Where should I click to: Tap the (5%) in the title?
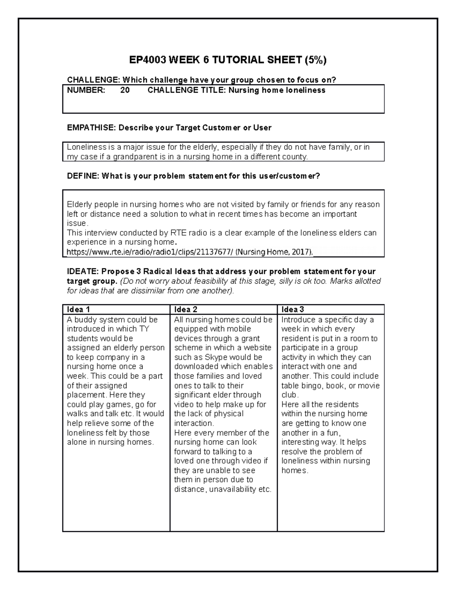point(315,60)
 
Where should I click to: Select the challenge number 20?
point(125,90)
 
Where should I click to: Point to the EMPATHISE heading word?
point(90,128)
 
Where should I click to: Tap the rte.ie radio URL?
point(150,252)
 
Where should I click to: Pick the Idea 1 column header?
point(78,310)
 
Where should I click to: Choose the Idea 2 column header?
point(185,310)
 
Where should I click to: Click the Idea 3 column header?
point(293,310)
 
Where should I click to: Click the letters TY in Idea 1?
point(144,329)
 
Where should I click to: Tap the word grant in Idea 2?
point(251,338)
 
